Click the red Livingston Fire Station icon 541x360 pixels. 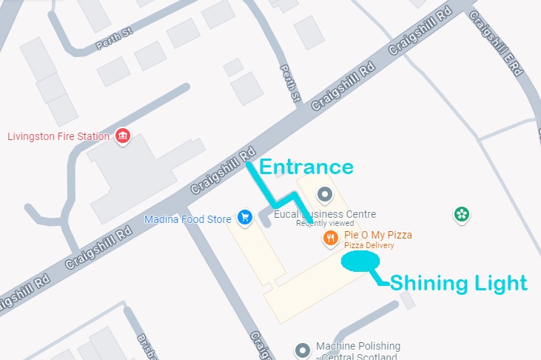pyautogui.click(x=123, y=136)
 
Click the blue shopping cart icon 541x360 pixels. pyautogui.click(x=244, y=217)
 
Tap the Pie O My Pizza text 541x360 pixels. pyautogui.click(x=378, y=235)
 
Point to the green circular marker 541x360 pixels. pyautogui.click(x=462, y=215)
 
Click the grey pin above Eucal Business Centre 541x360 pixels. pyautogui.click(x=324, y=195)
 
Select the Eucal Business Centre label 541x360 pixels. pyautogui.click(x=326, y=214)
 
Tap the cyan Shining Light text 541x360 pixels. pyautogui.click(x=458, y=283)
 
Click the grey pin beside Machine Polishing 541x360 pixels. pyautogui.click(x=302, y=350)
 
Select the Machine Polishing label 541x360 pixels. pyautogui.click(x=357, y=347)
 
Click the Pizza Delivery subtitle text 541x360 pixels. pyautogui.click(x=369, y=246)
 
